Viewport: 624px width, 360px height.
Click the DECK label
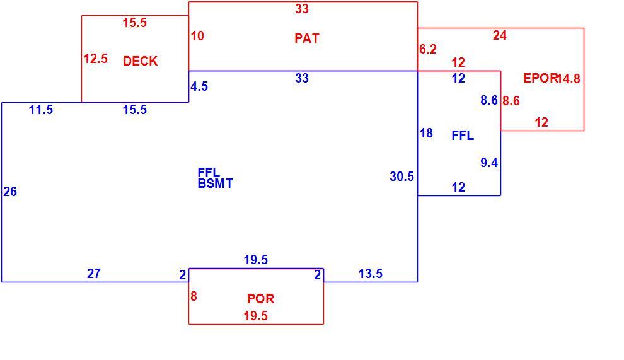click(140, 61)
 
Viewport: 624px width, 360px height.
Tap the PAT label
click(307, 38)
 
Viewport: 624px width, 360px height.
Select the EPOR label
click(540, 78)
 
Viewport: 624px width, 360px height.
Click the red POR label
click(260, 298)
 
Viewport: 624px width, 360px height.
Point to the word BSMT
click(215, 183)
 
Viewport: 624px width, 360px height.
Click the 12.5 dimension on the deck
click(96, 59)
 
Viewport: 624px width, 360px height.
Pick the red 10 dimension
click(197, 36)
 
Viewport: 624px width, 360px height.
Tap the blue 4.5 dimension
click(199, 86)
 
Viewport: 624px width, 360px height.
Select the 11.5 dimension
click(41, 110)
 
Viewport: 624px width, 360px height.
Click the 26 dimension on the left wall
click(10, 192)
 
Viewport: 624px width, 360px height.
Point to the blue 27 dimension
click(94, 274)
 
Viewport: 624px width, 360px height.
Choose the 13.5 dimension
click(371, 274)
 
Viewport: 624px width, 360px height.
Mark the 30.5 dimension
click(402, 177)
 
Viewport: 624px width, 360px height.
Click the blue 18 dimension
click(426, 133)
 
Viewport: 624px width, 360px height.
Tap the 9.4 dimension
click(489, 163)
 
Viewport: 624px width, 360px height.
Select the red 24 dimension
click(500, 35)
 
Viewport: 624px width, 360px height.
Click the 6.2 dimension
click(428, 49)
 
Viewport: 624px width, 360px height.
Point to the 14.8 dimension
click(569, 79)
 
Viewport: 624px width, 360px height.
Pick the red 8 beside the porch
click(194, 296)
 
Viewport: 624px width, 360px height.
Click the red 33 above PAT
click(302, 9)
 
